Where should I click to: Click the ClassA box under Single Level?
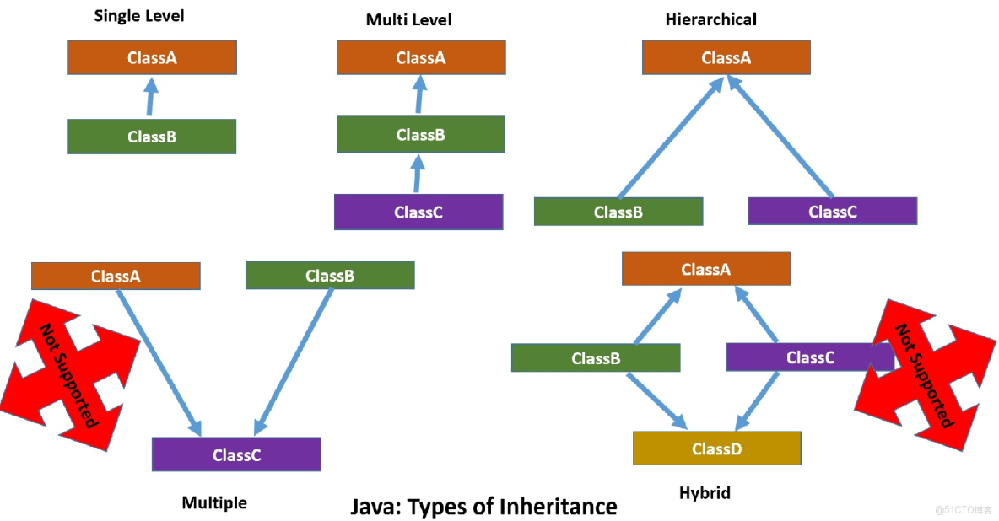(152, 57)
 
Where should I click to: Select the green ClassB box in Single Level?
(152, 137)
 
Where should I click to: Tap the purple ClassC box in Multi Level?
(418, 212)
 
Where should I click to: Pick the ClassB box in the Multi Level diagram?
(420, 134)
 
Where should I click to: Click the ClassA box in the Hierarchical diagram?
(726, 57)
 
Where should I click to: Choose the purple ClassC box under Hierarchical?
(832, 212)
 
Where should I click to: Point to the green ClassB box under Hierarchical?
(618, 212)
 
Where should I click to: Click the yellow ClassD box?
(716, 448)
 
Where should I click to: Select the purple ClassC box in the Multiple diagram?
(236, 454)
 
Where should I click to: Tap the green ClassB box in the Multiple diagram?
(330, 276)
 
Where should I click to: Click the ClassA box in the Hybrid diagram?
(705, 269)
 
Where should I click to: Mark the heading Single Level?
(139, 16)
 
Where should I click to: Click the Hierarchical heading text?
(710, 19)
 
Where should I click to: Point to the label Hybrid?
(704, 493)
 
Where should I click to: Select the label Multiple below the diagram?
(214, 502)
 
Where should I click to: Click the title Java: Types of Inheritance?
(483, 506)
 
